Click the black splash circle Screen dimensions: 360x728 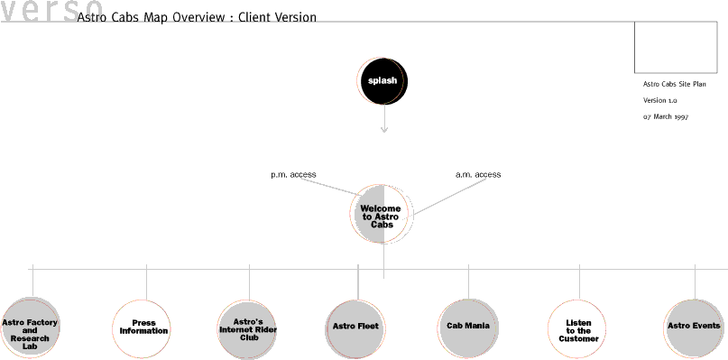pos(382,80)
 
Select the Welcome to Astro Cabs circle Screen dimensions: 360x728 pos(382,215)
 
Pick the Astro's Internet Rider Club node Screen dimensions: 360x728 pos(249,327)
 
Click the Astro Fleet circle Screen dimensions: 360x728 pos(355,327)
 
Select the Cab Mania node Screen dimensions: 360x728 pos(467,327)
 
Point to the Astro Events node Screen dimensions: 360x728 pos(694,327)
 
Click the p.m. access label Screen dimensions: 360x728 pos(293,175)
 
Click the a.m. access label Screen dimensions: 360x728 pos(478,175)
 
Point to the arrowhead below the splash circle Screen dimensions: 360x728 pos(384,130)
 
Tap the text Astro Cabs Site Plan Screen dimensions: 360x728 pos(674,84)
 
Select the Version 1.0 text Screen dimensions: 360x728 pos(659,100)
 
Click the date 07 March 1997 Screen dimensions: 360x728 pos(666,117)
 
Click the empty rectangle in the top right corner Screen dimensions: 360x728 pos(676,47)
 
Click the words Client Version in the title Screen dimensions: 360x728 pos(277,18)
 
